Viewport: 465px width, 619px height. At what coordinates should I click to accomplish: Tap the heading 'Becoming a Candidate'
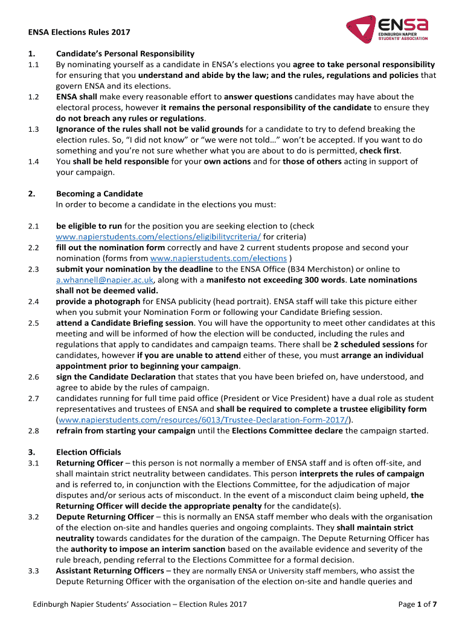[x=99, y=193]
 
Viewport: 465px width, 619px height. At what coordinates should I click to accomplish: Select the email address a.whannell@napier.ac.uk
[x=105, y=280]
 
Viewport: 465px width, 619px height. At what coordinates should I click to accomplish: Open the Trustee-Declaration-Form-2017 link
[x=204, y=420]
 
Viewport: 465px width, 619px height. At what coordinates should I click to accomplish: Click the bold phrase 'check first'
[x=379, y=151]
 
